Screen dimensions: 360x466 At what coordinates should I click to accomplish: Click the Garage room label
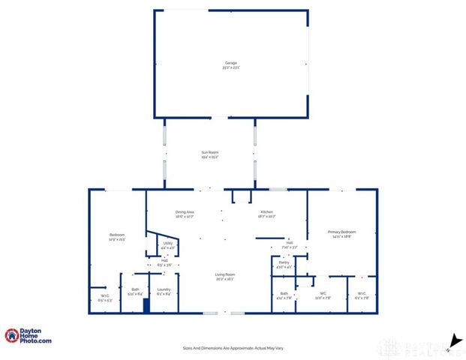click(230, 64)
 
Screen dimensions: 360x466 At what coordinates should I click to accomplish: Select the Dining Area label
click(185, 214)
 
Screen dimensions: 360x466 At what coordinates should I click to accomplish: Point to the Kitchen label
click(268, 214)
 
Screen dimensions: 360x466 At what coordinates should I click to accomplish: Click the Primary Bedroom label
click(341, 234)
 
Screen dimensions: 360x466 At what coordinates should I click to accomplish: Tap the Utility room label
click(168, 245)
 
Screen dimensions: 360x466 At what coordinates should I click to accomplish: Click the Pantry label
click(284, 264)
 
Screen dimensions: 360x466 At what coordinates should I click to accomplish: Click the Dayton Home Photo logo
click(29, 336)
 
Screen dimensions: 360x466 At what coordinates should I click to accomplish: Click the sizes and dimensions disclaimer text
click(233, 348)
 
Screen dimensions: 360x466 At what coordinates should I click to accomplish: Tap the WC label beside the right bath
click(323, 295)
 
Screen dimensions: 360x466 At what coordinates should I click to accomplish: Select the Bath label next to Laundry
click(135, 291)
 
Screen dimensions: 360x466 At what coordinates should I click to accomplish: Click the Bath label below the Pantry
click(284, 295)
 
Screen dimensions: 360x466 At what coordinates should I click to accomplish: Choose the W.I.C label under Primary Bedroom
click(362, 295)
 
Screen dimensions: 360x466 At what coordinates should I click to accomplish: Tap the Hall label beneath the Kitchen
click(289, 245)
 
